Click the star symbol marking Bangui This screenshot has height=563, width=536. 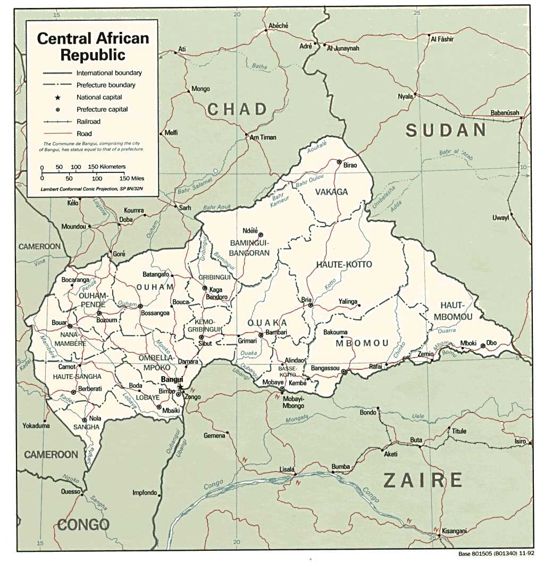[180, 387]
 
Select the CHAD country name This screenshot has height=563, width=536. [237, 110]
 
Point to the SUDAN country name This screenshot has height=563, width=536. [446, 130]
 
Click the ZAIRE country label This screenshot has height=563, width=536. [423, 481]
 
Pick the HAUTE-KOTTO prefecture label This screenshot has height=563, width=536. [344, 264]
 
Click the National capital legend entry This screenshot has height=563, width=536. [99, 97]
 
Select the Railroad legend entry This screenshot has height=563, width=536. [88, 122]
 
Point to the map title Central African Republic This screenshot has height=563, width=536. [93, 46]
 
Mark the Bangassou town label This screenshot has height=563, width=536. [325, 368]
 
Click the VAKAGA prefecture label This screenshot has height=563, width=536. [331, 192]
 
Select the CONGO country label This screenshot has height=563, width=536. [83, 525]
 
